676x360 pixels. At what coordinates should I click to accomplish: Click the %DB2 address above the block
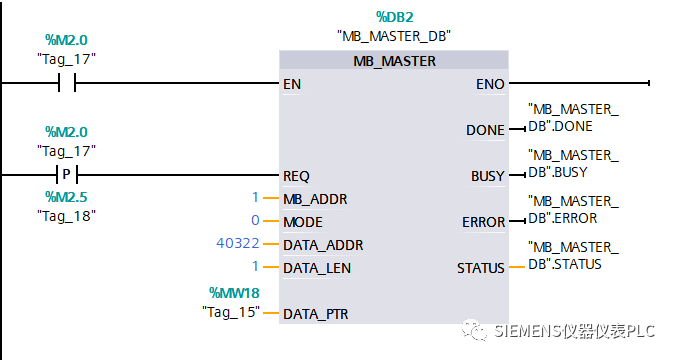394,17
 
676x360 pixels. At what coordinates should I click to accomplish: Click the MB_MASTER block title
394,61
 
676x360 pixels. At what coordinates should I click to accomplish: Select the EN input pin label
292,84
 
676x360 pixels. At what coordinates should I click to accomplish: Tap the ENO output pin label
490,84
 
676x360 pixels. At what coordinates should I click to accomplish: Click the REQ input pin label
296,175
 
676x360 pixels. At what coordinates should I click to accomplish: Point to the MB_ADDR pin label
315,198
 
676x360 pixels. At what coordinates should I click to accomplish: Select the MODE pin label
303,221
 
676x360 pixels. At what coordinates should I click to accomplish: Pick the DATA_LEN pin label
317,267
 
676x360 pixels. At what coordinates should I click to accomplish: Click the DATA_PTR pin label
316,313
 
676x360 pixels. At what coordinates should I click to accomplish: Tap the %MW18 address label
235,292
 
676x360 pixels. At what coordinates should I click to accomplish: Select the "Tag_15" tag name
231,313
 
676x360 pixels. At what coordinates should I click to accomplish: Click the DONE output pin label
485,130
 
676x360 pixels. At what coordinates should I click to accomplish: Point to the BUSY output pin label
487,176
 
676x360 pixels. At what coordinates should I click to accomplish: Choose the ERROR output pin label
483,221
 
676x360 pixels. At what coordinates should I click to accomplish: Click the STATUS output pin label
481,267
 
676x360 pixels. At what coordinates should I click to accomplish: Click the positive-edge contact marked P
67,175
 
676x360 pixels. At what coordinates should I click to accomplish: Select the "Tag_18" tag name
66,215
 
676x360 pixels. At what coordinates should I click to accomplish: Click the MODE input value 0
255,221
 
